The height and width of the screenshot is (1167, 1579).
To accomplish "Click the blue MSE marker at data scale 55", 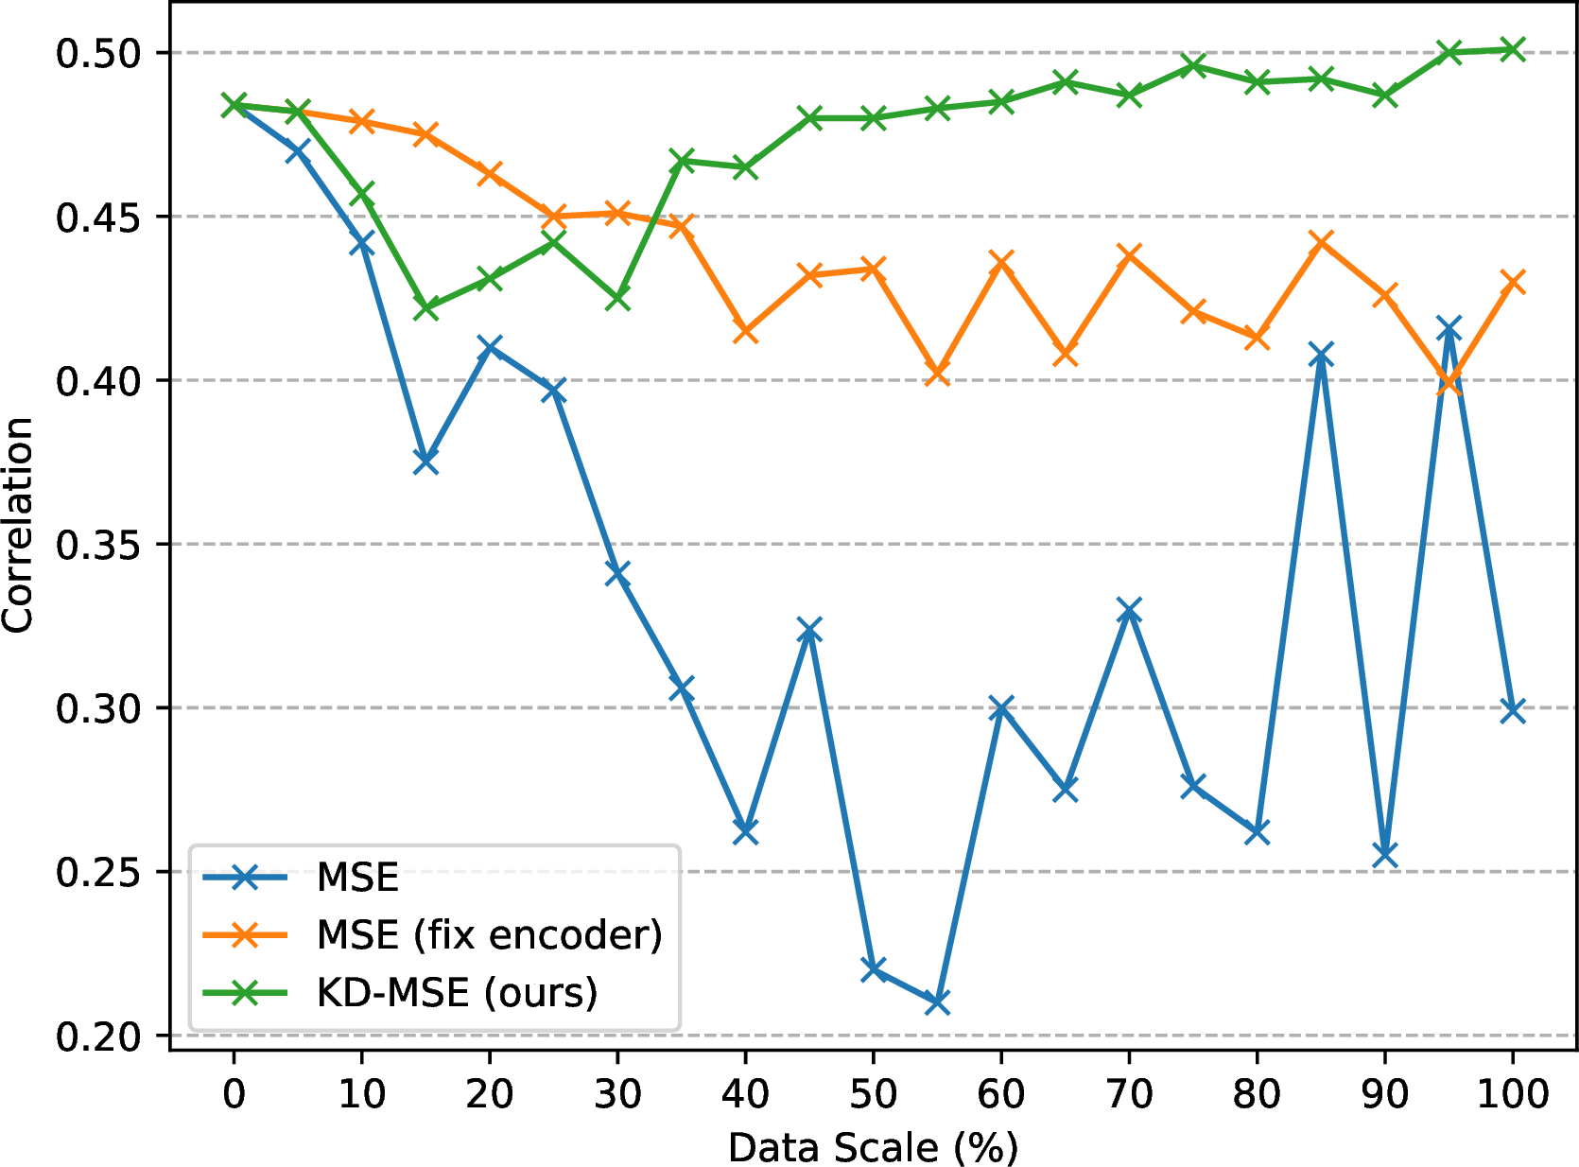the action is point(937,1002).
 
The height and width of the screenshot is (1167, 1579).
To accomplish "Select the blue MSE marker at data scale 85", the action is point(1321,355).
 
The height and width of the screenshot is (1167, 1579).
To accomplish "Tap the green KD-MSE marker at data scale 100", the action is point(1512,49).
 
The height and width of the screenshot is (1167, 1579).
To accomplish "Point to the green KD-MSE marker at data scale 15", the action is point(425,307).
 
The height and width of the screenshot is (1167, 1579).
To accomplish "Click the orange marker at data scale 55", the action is point(937,373).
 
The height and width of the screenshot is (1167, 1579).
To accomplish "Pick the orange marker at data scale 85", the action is point(1321,243).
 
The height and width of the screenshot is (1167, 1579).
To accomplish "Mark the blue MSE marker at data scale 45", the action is point(809,630).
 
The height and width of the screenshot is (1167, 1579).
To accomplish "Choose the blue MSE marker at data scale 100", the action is point(1512,710).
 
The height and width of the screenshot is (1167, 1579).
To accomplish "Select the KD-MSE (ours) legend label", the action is point(457,992).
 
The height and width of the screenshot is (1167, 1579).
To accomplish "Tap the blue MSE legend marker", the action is point(245,877).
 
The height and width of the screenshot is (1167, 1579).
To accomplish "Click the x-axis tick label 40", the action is point(745,1093).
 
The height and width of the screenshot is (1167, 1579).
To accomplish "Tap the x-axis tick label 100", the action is point(1513,1093).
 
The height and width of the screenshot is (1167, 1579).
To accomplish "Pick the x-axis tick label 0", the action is point(234,1093).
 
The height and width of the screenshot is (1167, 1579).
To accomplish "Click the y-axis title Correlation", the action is point(18,526).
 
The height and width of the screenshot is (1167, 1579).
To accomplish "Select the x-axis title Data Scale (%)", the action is point(873,1147).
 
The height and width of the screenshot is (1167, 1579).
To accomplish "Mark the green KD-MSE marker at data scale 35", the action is point(682,161).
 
